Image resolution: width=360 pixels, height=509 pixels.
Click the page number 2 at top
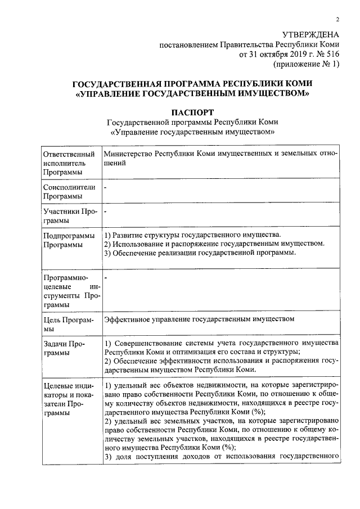click(337, 20)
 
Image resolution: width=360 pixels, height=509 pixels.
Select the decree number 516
click(333, 55)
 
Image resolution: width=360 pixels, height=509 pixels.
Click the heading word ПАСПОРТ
click(193, 112)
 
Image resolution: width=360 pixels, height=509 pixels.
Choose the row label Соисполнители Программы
click(68, 192)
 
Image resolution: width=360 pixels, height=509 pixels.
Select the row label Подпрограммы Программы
click(68, 240)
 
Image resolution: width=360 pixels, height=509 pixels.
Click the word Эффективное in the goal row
click(128, 320)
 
